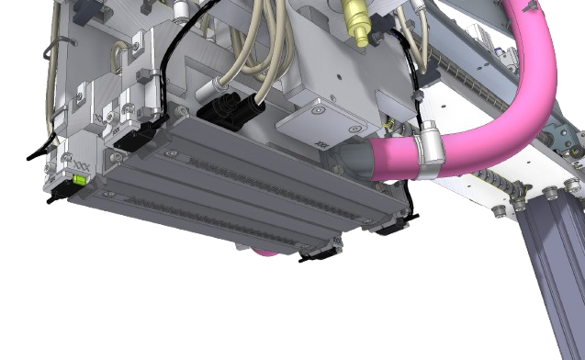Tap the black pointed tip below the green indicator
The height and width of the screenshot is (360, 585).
pos(57,195)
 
